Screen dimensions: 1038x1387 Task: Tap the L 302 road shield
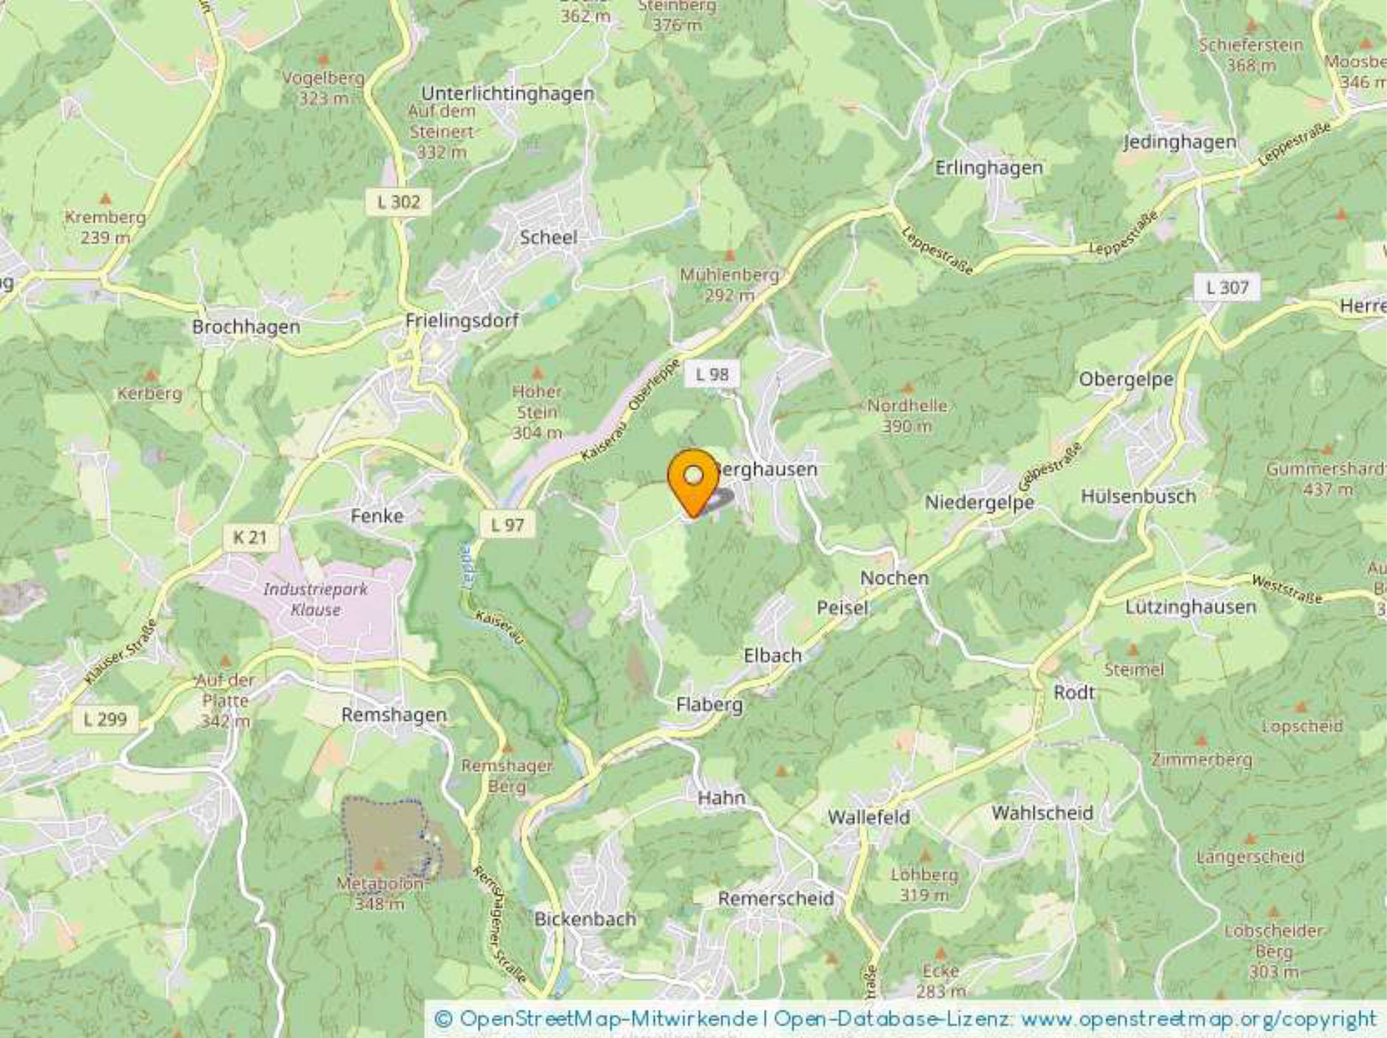[x=398, y=202]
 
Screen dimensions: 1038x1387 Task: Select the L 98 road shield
[x=712, y=374]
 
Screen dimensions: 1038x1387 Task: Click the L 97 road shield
[x=507, y=525]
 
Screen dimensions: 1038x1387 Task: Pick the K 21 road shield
[x=249, y=537]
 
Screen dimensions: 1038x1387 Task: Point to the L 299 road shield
[x=105, y=719]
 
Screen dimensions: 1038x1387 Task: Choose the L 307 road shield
[x=1226, y=287]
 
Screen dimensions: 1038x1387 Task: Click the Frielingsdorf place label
[x=462, y=321]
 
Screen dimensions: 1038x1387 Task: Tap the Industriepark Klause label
[x=315, y=600]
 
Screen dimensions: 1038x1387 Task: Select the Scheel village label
[x=548, y=237]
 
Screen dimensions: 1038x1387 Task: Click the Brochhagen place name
[x=246, y=327]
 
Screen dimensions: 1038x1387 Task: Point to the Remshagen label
[x=394, y=715]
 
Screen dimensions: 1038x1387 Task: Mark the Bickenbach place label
[x=584, y=919]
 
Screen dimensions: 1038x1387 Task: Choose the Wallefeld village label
[x=868, y=817]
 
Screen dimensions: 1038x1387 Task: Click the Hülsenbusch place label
[x=1138, y=496]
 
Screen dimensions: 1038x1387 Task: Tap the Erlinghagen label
[x=988, y=168]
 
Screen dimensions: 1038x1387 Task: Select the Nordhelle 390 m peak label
[x=907, y=415]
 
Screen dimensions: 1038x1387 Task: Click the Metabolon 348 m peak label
[x=379, y=893]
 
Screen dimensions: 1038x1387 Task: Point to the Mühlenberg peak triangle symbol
[x=729, y=256]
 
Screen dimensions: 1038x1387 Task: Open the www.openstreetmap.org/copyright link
[x=1198, y=1020]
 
